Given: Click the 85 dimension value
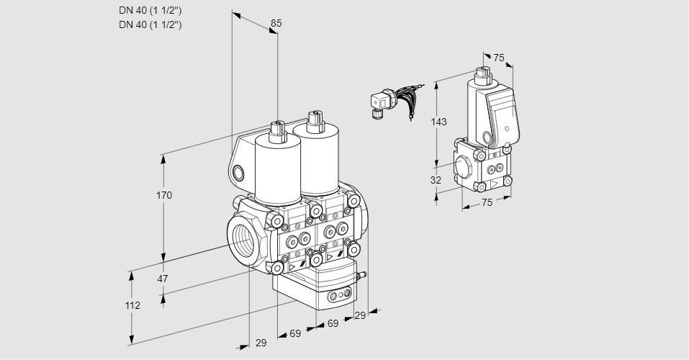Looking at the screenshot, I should [x=276, y=23].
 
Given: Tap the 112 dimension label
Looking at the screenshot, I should [x=132, y=305].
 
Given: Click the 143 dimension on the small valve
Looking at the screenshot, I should [x=438, y=122].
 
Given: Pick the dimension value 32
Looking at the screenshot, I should [x=435, y=180].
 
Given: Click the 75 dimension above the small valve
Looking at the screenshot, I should [x=499, y=58].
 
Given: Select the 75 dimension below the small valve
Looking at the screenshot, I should [x=487, y=203].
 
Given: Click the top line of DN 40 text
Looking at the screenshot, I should [x=150, y=10].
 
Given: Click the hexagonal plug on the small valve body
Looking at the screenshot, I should [x=464, y=165].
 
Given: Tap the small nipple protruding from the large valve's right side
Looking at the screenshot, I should [x=363, y=274].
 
